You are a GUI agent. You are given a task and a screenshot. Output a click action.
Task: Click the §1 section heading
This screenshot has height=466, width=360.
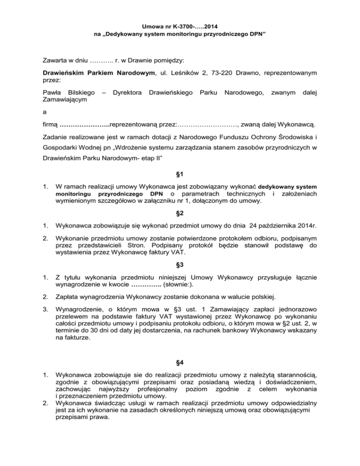pos(180,178)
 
